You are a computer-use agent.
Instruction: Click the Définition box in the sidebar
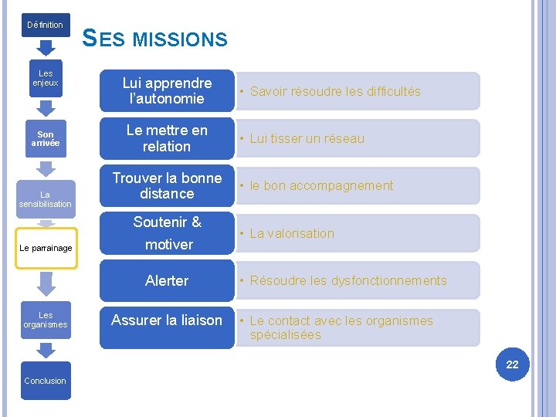tap(46, 25)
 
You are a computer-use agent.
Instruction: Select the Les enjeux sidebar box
tap(46, 78)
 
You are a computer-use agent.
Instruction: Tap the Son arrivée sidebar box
tap(46, 139)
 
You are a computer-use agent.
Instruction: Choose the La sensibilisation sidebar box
tap(46, 199)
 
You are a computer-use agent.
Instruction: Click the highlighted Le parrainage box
tap(46, 248)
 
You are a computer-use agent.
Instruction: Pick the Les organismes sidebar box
tap(46, 320)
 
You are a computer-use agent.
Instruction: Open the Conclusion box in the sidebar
tap(46, 381)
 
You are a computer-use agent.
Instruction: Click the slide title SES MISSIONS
tap(154, 38)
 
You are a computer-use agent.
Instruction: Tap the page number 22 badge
tap(512, 364)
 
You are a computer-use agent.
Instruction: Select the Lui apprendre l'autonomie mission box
tap(167, 91)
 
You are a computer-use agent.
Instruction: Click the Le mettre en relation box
tap(167, 138)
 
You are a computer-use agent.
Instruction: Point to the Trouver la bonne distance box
tap(167, 185)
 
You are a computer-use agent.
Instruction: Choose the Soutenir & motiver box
tap(167, 233)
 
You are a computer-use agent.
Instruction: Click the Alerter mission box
tap(167, 281)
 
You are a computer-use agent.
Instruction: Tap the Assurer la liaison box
tap(167, 320)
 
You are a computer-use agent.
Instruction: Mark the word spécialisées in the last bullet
tap(285, 335)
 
